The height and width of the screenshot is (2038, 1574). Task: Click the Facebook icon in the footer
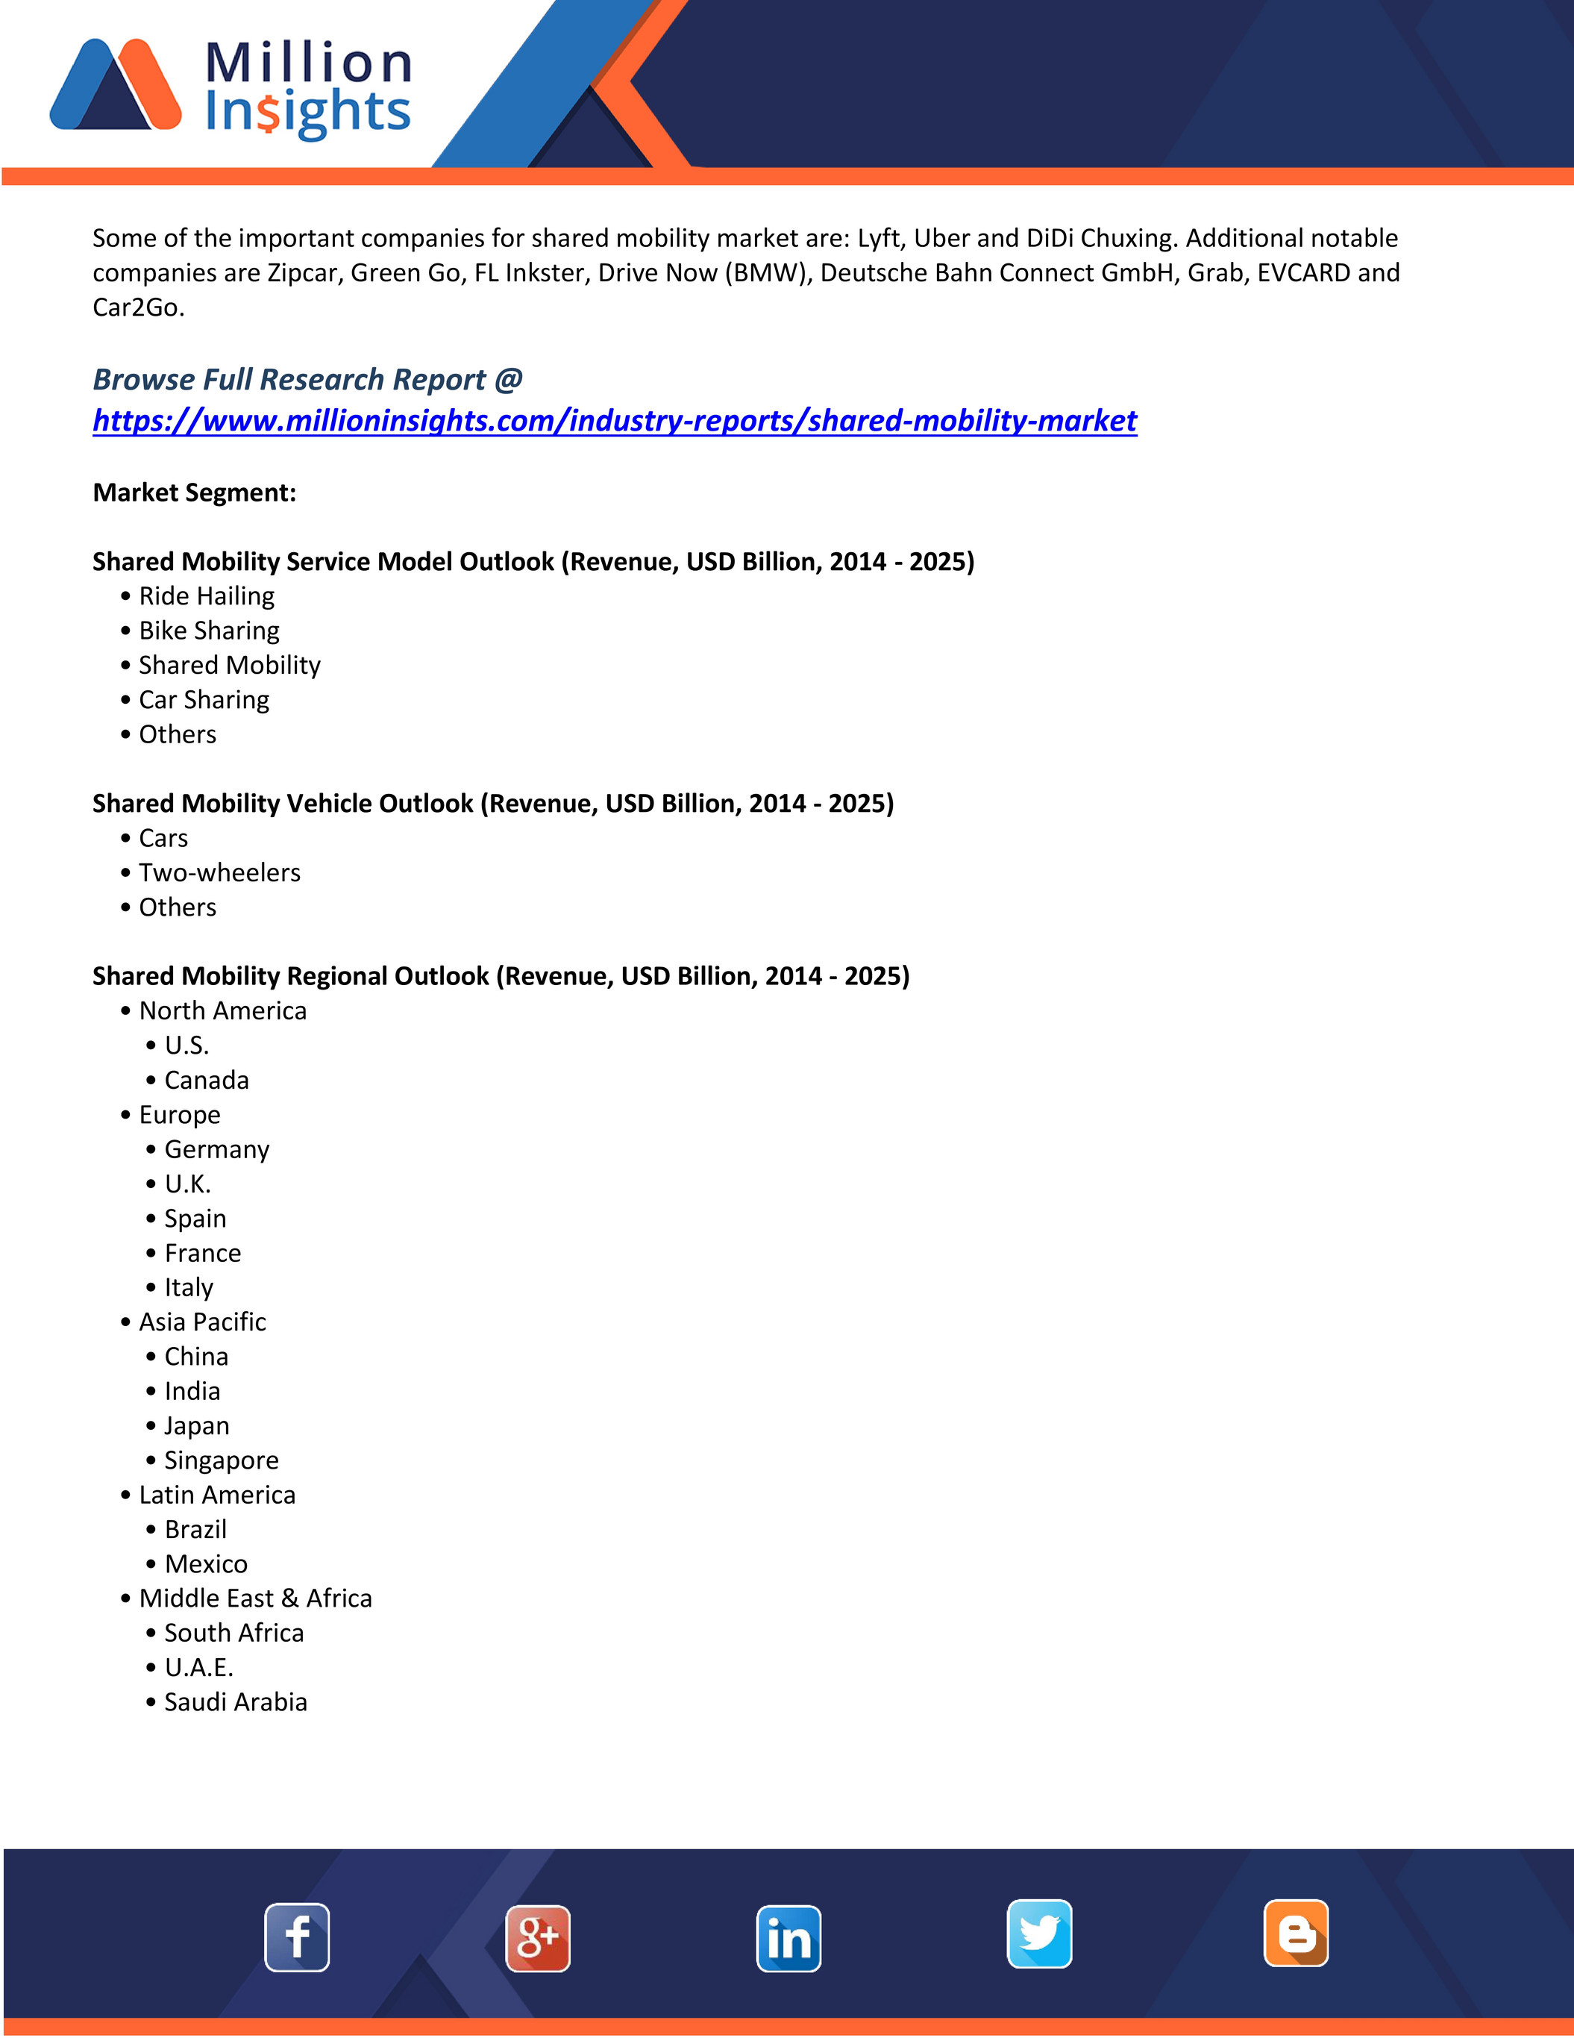pos(297,1937)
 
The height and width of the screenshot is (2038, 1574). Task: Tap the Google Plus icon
pos(537,1938)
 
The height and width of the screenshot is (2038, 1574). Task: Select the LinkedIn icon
pos(788,1938)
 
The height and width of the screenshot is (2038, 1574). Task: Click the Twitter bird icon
pos(1039,1934)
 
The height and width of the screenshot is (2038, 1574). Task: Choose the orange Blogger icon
pos(1296,1933)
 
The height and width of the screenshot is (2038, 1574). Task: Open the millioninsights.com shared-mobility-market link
pos(614,421)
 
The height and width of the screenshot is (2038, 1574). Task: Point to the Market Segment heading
pos(194,493)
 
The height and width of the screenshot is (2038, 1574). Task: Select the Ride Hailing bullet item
pos(206,596)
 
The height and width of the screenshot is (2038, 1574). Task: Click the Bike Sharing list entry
pos(209,631)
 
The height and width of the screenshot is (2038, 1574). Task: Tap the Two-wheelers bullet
pos(219,872)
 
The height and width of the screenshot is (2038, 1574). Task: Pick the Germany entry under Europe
pos(216,1150)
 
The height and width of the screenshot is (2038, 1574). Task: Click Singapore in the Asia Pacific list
pos(221,1460)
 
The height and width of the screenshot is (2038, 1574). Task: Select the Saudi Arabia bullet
pos(235,1702)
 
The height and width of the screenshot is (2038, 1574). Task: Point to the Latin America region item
pos(216,1495)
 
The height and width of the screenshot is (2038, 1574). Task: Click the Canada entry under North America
pos(206,1081)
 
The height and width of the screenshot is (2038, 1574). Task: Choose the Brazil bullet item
pos(195,1530)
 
